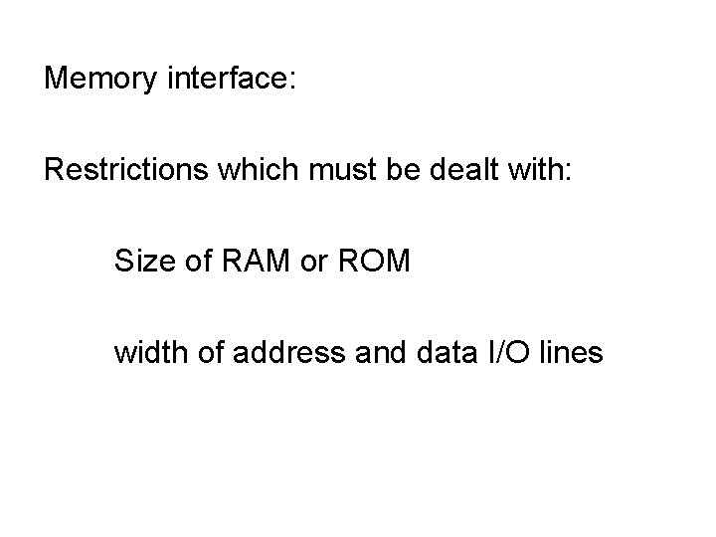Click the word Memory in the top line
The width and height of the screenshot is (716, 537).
[97, 79]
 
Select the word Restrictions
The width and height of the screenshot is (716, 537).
[109, 169]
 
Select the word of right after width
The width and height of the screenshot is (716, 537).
[204, 352]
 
